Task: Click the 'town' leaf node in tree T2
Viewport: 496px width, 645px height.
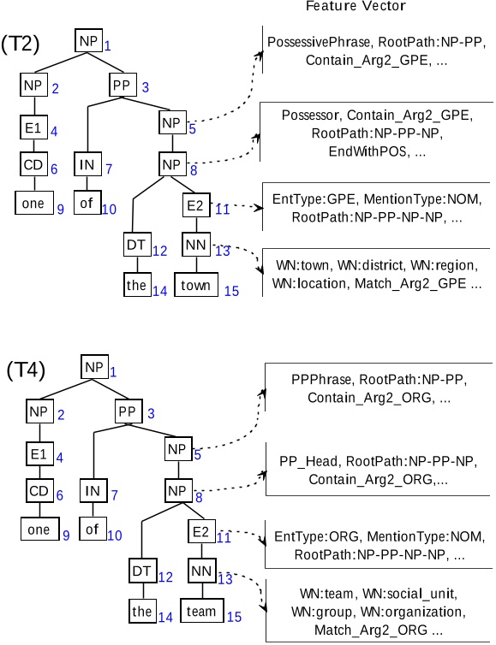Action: click(198, 285)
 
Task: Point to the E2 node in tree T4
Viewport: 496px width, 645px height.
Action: click(201, 532)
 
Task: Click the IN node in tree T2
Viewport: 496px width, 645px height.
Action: click(87, 164)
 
